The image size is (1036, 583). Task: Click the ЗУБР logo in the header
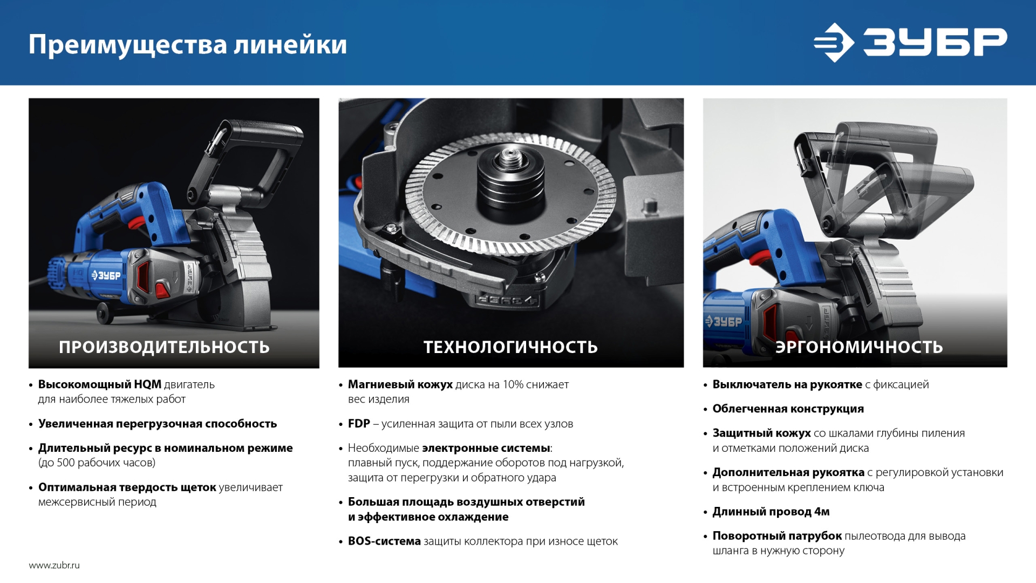click(x=910, y=42)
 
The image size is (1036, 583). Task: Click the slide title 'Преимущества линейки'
click(x=187, y=44)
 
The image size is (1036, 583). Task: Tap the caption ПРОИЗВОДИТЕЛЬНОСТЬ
click(x=164, y=347)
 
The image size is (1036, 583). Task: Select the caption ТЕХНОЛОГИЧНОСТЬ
click(x=510, y=347)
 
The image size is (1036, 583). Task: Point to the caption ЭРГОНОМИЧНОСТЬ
click(x=859, y=347)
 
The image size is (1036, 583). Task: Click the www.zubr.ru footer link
click(x=54, y=565)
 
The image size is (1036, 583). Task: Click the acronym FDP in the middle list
click(x=359, y=424)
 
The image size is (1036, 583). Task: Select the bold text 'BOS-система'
click(x=384, y=541)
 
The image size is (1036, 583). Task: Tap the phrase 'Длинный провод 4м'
click(x=771, y=511)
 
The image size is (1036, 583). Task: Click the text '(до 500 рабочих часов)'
click(x=97, y=463)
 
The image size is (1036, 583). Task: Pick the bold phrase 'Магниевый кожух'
click(x=400, y=384)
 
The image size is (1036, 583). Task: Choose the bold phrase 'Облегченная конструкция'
click(x=788, y=409)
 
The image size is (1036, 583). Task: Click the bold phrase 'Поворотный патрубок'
click(x=777, y=535)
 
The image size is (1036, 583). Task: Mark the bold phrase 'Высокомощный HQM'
click(x=99, y=384)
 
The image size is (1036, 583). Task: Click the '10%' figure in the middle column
click(x=513, y=384)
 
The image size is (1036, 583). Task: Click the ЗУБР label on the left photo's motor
click(x=106, y=275)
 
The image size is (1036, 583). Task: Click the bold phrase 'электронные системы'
click(x=486, y=448)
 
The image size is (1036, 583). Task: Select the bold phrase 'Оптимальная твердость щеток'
click(x=127, y=487)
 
